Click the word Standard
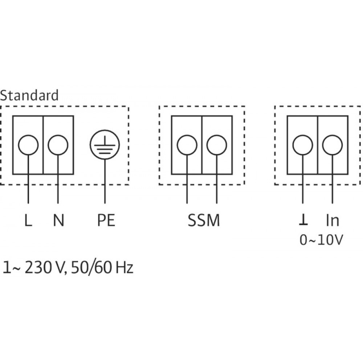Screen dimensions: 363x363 29,95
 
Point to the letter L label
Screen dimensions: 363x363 28,221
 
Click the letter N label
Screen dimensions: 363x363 58,221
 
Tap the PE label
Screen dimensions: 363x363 105,221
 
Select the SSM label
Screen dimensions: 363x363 204,221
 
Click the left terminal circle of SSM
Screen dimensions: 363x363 187,145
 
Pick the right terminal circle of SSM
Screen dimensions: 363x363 217,145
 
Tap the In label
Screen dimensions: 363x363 333,221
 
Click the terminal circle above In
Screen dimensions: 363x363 333,145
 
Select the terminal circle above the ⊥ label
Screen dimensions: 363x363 303,145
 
